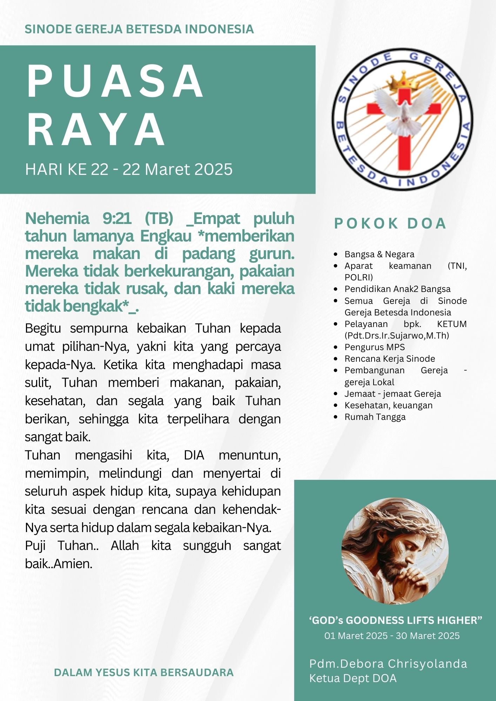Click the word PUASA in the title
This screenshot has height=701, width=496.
pyautogui.click(x=115, y=81)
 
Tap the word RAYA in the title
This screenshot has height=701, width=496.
pyautogui.click(x=96, y=129)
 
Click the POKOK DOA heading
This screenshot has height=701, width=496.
pyautogui.click(x=390, y=224)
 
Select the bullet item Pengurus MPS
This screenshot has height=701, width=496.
pyautogui.click(x=374, y=347)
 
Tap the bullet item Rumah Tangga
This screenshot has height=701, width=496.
pyautogui.click(x=375, y=417)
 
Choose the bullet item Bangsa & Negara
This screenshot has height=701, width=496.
pyautogui.click(x=379, y=254)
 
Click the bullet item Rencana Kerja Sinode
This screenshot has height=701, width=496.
pyautogui.click(x=389, y=359)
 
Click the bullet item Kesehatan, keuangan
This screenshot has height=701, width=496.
pyautogui.click(x=388, y=405)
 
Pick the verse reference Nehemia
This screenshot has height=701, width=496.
pyautogui.click(x=57, y=219)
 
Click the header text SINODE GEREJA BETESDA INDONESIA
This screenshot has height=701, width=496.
pyautogui.click(x=139, y=29)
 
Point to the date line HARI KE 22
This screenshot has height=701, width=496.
pyautogui.click(x=129, y=169)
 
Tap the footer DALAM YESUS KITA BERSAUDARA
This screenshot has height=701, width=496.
pyautogui.click(x=144, y=672)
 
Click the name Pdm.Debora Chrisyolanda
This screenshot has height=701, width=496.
pyautogui.click(x=388, y=663)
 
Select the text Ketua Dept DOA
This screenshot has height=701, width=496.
pyautogui.click(x=353, y=678)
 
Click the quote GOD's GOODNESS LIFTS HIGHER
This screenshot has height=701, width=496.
pyautogui.click(x=395, y=620)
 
